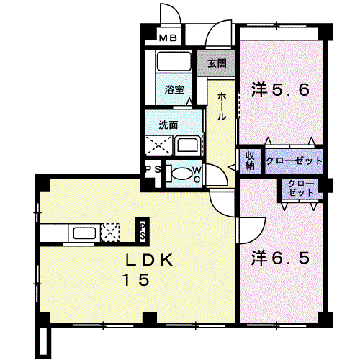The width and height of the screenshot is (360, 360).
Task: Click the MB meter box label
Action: (x=168, y=37)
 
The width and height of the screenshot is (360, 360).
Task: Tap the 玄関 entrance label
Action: (x=217, y=63)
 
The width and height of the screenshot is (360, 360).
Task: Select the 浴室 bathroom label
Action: (x=174, y=89)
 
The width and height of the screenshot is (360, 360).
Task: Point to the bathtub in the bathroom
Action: (x=174, y=60)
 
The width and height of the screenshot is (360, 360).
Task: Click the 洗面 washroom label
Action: (x=168, y=125)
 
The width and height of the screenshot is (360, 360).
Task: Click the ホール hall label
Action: (x=221, y=106)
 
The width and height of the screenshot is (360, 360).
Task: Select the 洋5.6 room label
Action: (x=280, y=90)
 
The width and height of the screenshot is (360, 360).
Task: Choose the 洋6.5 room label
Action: (x=280, y=258)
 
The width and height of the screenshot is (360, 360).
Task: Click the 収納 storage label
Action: (x=250, y=161)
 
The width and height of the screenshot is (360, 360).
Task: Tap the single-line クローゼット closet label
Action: (x=294, y=161)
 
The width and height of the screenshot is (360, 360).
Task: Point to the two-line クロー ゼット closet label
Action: (x=300, y=188)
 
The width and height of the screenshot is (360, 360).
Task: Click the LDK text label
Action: (x=149, y=260)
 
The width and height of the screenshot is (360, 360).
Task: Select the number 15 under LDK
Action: (x=136, y=280)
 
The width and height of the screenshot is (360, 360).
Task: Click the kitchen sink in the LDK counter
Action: (x=84, y=233)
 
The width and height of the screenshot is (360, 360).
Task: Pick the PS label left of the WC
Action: (x=153, y=169)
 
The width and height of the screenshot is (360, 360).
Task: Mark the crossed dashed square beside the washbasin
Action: (x=158, y=145)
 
